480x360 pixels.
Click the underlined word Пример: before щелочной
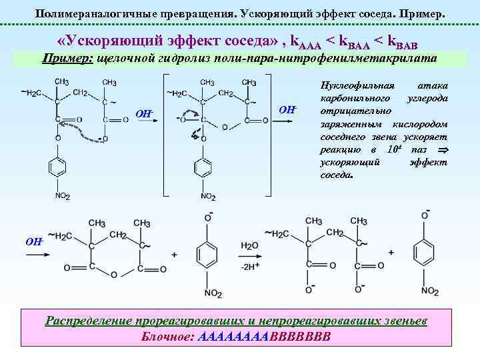click(67, 59)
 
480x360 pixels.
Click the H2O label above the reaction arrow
click(250, 246)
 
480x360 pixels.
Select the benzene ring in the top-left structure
click(58, 166)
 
